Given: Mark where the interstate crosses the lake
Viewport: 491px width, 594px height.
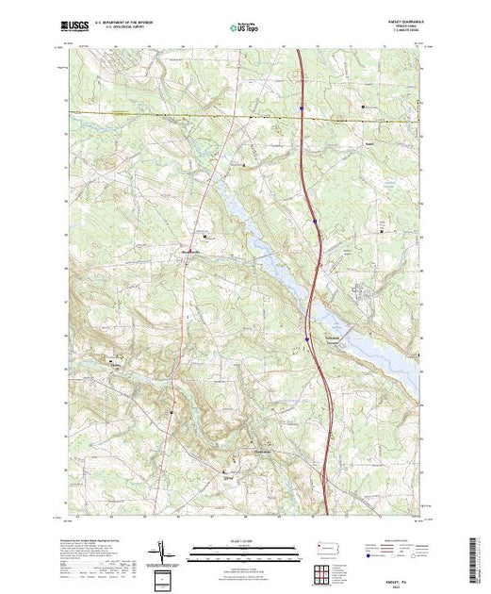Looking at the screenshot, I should (x=315, y=283).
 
